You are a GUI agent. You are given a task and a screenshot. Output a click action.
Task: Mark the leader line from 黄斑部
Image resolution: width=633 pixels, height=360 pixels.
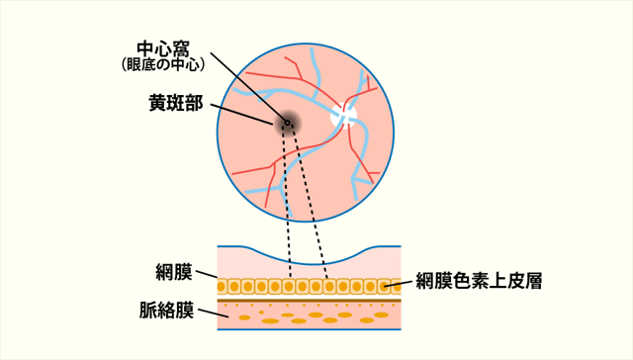242,111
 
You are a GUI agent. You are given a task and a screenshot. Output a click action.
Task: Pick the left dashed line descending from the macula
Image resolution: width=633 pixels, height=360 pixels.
285,198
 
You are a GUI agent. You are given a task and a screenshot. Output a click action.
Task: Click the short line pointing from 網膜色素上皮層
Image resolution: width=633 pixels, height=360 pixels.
401,285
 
